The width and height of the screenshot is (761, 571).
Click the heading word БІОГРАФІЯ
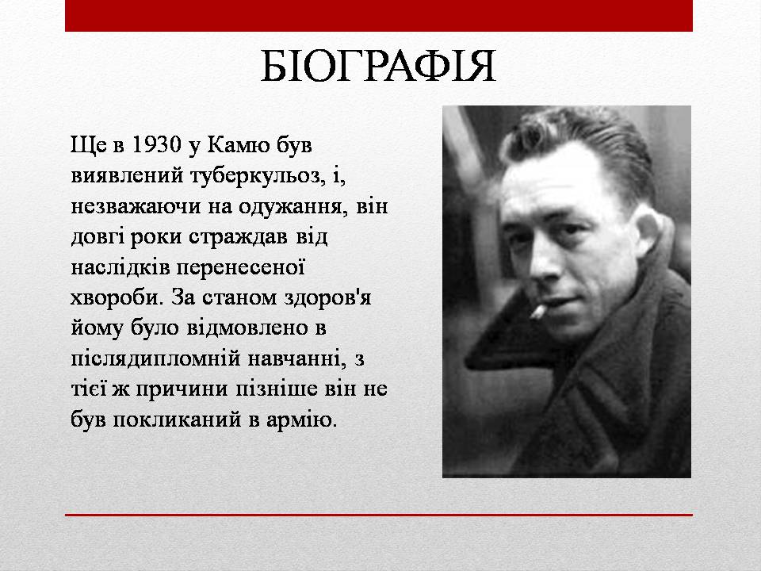click(378, 66)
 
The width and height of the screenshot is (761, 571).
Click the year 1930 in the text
click(156, 144)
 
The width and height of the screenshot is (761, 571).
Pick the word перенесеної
click(241, 267)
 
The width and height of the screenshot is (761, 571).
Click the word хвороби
click(115, 297)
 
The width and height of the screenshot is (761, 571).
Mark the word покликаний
click(177, 420)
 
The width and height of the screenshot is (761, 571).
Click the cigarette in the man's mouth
click(538, 312)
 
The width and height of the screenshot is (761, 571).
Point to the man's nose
click(544, 263)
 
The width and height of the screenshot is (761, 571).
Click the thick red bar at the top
click(379, 16)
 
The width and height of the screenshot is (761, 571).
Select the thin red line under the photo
click(379, 515)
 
